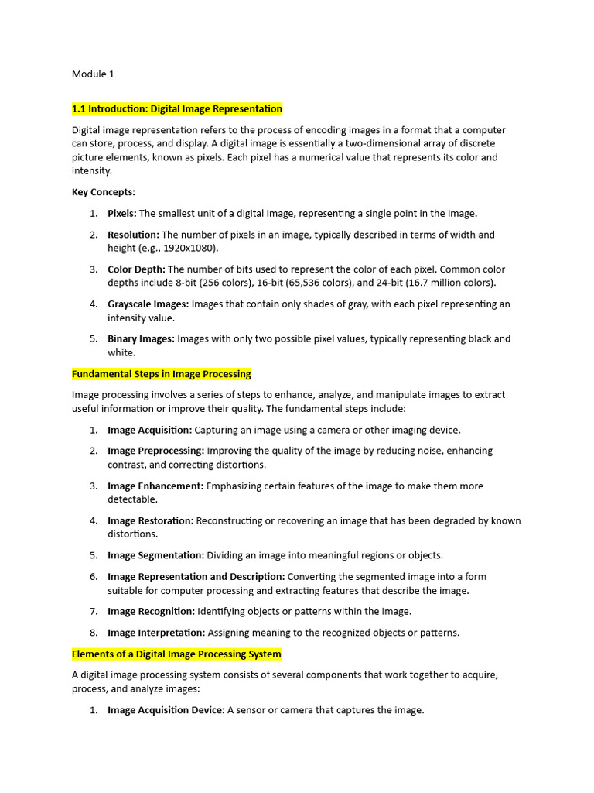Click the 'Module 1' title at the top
93,74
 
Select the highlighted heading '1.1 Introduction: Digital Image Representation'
177,108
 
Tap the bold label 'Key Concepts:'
104,192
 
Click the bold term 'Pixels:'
122,213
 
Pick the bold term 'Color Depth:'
136,269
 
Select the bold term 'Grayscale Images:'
148,304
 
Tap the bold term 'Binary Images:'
142,338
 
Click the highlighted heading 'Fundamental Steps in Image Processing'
162,374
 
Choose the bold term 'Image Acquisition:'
149,430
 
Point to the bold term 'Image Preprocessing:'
155,451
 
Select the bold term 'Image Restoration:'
150,520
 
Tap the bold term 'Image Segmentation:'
155,555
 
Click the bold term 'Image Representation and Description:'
196,576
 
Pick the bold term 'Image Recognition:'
151,612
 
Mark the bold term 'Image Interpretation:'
156,633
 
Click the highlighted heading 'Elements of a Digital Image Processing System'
176,654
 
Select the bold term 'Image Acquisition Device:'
166,710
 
